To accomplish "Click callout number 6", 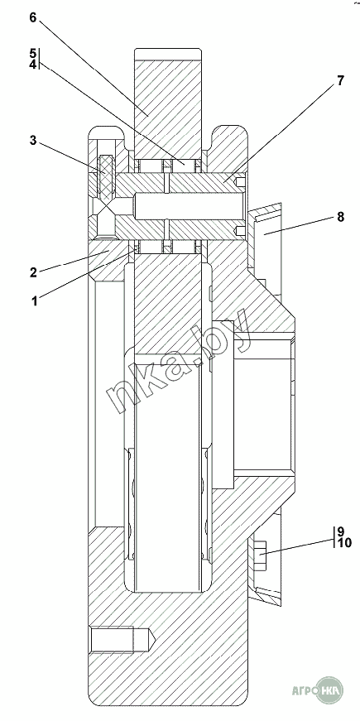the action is point(32,17).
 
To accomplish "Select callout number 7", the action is point(340,81).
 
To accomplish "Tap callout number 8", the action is point(340,217).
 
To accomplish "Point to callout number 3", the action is point(32,140).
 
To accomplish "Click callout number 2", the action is point(33,272).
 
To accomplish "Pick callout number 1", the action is point(35,301).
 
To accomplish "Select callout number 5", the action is point(32,53).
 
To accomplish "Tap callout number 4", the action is point(32,64).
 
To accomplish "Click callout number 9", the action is point(340,531).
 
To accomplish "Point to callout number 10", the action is point(344,543).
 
